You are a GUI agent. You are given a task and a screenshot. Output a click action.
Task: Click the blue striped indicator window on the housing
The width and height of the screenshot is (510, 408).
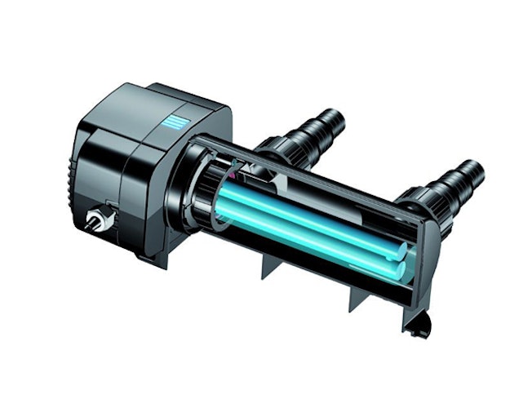(175, 123)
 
